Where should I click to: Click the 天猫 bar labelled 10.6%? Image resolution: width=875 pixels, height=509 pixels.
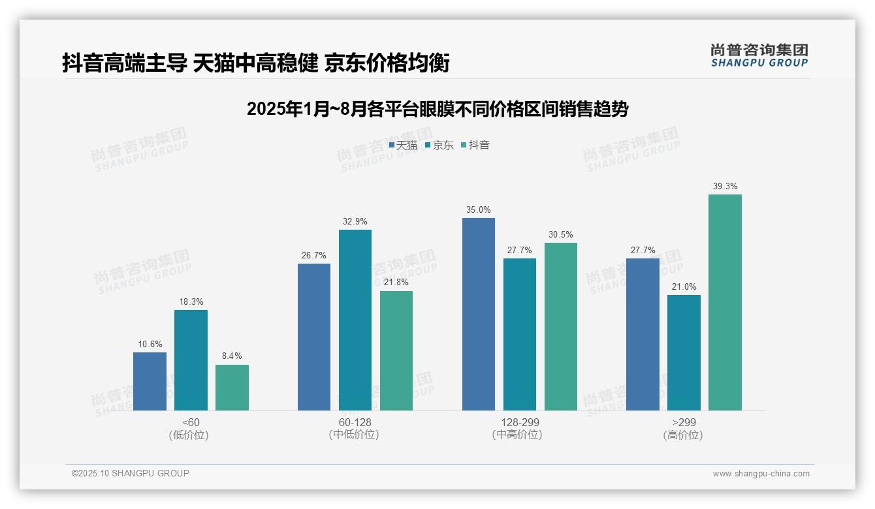pos(150,381)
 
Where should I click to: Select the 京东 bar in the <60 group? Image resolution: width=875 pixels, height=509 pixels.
pos(191,360)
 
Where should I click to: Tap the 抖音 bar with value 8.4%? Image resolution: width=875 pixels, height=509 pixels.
pos(232,388)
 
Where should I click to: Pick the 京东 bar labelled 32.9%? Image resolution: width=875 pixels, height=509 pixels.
pos(355,320)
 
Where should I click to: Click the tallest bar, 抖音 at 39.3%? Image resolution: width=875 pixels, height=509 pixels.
pos(725,302)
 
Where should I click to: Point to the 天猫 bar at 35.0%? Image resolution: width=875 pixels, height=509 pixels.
pos(478,314)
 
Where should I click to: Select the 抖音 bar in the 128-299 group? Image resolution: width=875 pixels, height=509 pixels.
pos(560,326)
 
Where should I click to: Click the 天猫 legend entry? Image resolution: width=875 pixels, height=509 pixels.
pos(404,146)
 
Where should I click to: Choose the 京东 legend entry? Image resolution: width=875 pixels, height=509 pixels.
pos(439,146)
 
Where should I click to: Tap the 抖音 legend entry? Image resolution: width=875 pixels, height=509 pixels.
pos(475,146)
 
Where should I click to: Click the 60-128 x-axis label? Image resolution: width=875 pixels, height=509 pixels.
pos(355,422)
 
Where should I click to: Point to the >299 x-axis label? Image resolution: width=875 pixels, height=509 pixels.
pos(683,422)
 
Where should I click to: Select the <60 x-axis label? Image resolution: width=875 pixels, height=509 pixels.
pos(191,422)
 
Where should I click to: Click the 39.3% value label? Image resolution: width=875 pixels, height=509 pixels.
pos(725,187)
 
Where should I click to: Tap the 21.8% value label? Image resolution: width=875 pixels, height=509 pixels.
pos(396,283)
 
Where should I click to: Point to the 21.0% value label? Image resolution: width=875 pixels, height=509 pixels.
pos(683,286)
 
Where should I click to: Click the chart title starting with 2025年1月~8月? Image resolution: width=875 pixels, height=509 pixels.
pos(437,109)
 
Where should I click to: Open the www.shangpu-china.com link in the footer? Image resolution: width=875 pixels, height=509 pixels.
pos(761,474)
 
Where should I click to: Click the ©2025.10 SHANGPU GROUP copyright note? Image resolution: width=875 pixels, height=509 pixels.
pos(130,474)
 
